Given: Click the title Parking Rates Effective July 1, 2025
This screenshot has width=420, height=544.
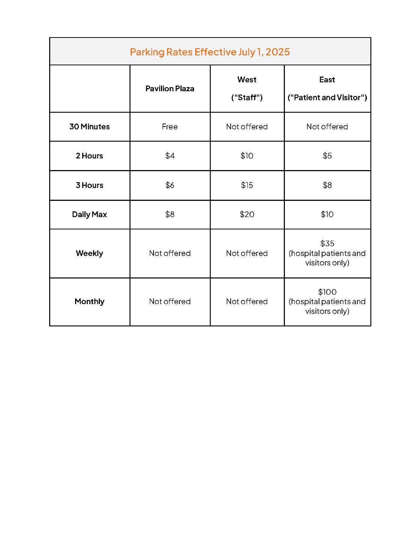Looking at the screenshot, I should click(x=210, y=52).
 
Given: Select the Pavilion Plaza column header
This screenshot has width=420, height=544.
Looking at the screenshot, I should click(x=170, y=89).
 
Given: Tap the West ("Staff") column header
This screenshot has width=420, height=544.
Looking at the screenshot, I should click(x=247, y=89).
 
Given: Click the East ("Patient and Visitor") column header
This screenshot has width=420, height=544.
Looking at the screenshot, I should click(x=327, y=89).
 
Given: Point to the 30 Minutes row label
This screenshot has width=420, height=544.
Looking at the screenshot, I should click(x=89, y=127).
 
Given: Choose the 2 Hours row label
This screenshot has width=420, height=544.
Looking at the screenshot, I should click(x=89, y=156).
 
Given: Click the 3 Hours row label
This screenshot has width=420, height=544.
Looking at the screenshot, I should click(x=89, y=185).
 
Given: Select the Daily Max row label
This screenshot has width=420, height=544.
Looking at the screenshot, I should click(x=89, y=214).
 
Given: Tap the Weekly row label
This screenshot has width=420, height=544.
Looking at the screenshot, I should click(x=89, y=253).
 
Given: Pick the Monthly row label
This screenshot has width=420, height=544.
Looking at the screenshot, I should click(x=89, y=301).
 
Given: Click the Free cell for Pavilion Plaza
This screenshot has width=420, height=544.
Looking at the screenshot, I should click(x=170, y=127).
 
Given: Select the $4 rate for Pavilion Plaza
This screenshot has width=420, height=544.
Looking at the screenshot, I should click(x=170, y=156).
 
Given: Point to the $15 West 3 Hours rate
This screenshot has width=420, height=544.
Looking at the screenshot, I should click(x=247, y=185).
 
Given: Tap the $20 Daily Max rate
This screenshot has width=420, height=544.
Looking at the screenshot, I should click(x=247, y=214).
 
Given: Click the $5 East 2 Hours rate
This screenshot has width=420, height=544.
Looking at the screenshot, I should click(x=327, y=156).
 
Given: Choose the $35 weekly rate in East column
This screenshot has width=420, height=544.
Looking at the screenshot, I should click(x=327, y=244).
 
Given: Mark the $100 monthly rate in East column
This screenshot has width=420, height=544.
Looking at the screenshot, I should click(x=327, y=292).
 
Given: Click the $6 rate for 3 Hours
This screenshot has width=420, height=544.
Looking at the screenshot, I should click(x=170, y=185).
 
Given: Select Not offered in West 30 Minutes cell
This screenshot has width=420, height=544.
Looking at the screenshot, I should click(x=247, y=127).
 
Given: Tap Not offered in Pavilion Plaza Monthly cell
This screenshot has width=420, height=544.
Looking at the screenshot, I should click(x=170, y=301).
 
